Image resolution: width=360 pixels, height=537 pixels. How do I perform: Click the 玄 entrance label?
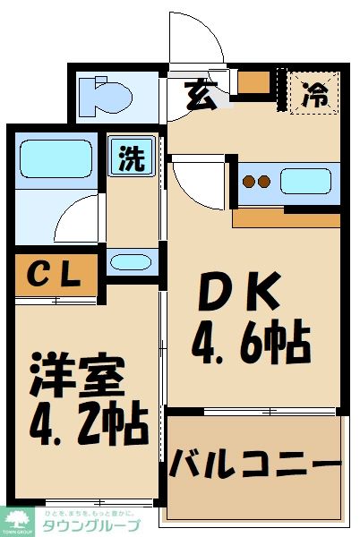tap(200, 94)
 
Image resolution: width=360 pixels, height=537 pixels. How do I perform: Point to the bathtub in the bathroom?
tap(56, 158)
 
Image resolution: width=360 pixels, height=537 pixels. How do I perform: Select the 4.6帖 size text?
tap(252, 341)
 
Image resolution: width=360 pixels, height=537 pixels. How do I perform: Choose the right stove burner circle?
tap(265, 183)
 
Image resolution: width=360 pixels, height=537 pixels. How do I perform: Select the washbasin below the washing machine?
tap(132, 262)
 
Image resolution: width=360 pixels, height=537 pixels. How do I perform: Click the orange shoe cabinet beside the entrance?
tap(254, 82)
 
